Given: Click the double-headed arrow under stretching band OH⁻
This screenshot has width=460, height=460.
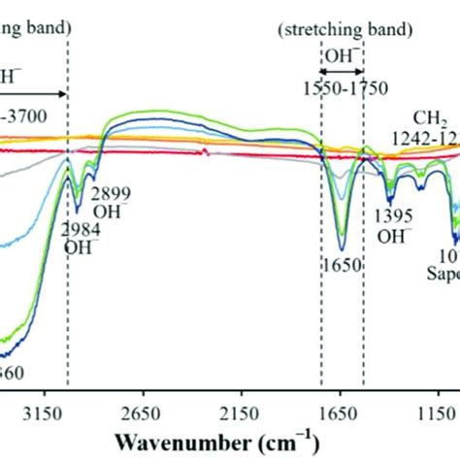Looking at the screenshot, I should coord(342,70).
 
